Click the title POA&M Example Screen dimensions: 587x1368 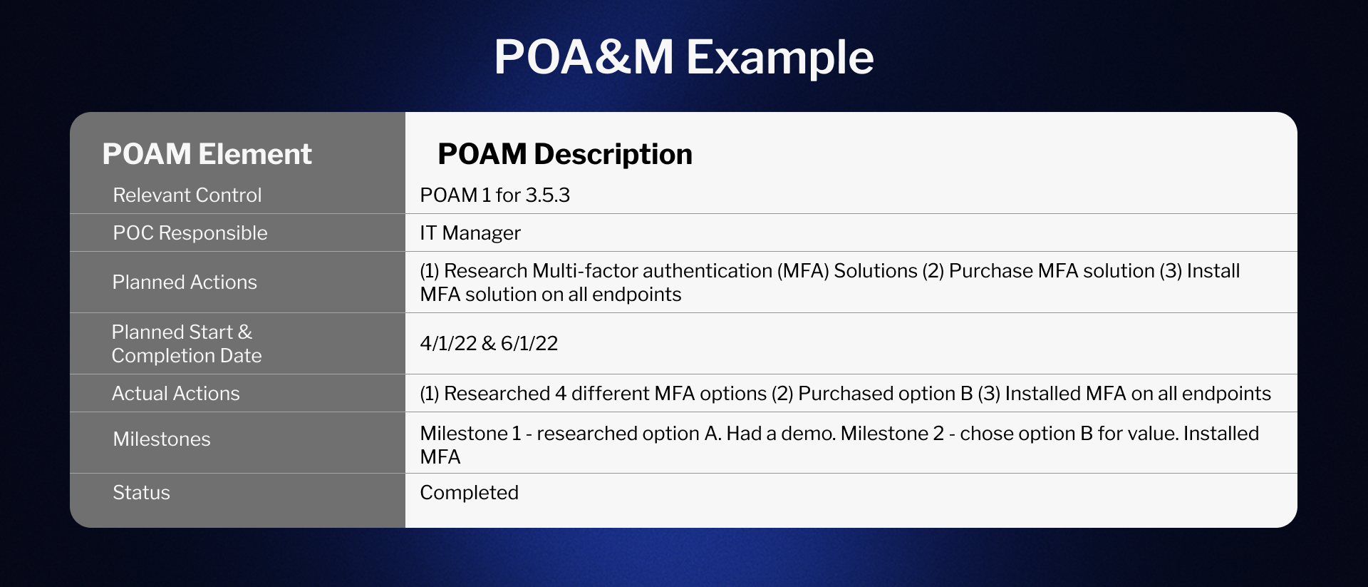click(683, 57)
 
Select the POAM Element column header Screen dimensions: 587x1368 click(207, 154)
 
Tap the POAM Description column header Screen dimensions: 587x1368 click(564, 154)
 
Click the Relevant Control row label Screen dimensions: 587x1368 click(187, 195)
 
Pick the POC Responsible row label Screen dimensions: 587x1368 click(190, 233)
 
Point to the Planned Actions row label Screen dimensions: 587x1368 click(185, 282)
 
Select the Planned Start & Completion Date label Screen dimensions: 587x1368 click(186, 343)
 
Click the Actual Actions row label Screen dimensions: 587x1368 click(175, 393)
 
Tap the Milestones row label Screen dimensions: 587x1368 click(162, 439)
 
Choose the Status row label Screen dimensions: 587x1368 click(141, 492)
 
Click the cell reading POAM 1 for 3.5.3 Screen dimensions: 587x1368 click(494, 195)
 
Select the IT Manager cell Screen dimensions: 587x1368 click(470, 233)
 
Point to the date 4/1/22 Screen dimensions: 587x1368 click(448, 343)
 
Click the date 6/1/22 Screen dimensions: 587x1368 click(529, 343)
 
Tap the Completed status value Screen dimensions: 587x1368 click(469, 492)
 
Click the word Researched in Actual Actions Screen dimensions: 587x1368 click(497, 393)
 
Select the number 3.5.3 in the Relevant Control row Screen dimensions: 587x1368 click(547, 195)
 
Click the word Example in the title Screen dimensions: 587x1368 click(779, 57)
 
